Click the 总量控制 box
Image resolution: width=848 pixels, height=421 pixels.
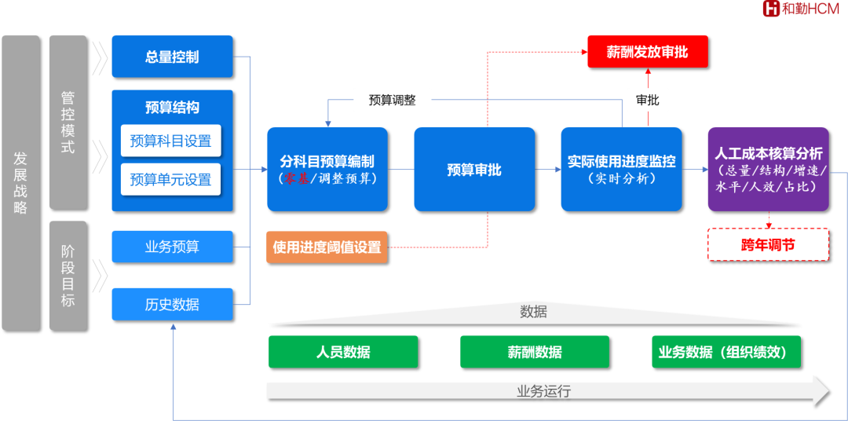click(172, 57)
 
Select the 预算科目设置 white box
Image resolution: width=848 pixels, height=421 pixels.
click(170, 141)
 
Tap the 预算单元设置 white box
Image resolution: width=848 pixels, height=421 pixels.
click(170, 180)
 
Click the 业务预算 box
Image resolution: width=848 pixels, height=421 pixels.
click(172, 247)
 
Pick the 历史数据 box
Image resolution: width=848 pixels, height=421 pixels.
click(172, 304)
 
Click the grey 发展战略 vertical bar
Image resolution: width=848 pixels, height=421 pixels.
click(20, 182)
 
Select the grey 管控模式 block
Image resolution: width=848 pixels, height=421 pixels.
click(68, 122)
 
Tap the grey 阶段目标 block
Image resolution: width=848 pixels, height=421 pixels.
click(68, 275)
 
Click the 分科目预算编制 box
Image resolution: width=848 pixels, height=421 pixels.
click(327, 169)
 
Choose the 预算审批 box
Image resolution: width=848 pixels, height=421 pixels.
click(473, 169)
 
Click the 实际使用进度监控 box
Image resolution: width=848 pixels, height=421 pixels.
click(621, 169)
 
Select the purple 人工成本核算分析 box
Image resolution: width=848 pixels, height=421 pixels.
click(768, 169)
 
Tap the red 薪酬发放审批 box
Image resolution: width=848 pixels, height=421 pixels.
click(647, 52)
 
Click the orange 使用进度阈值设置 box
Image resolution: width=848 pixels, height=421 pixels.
click(327, 247)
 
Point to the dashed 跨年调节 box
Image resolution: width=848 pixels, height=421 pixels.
click(768, 245)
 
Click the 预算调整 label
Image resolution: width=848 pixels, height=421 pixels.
click(392, 101)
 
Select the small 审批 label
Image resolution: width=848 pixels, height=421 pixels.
click(648, 101)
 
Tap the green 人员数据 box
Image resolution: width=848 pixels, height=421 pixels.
click(343, 352)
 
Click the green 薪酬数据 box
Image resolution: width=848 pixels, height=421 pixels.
click(535, 352)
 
